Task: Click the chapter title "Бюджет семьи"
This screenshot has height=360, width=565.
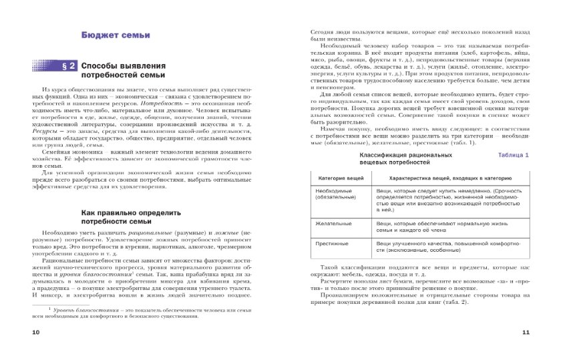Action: coord(116,35)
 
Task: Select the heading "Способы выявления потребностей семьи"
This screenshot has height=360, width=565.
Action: coord(123,71)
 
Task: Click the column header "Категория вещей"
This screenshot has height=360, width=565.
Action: coord(341,179)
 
